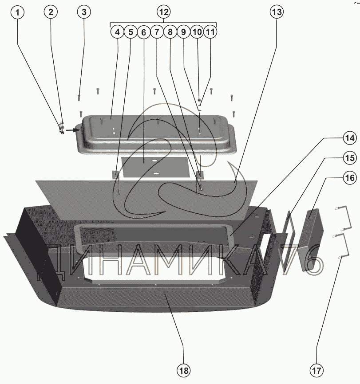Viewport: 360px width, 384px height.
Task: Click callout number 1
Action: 17,12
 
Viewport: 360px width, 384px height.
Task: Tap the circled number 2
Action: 51,12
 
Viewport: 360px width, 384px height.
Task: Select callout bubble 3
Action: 84,12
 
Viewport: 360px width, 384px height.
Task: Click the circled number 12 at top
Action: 164,12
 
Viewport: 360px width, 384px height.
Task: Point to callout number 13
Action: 277,12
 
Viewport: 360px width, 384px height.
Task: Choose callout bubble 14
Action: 350,138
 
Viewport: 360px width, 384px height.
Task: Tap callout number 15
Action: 350,158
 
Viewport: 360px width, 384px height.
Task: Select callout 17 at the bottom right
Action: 316,370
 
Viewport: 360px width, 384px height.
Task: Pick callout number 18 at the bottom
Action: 183,370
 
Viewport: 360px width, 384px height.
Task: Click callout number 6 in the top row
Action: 144,32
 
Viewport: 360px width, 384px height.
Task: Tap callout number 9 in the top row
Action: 183,32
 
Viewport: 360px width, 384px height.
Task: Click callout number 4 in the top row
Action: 117,32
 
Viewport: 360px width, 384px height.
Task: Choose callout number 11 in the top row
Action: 210,32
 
